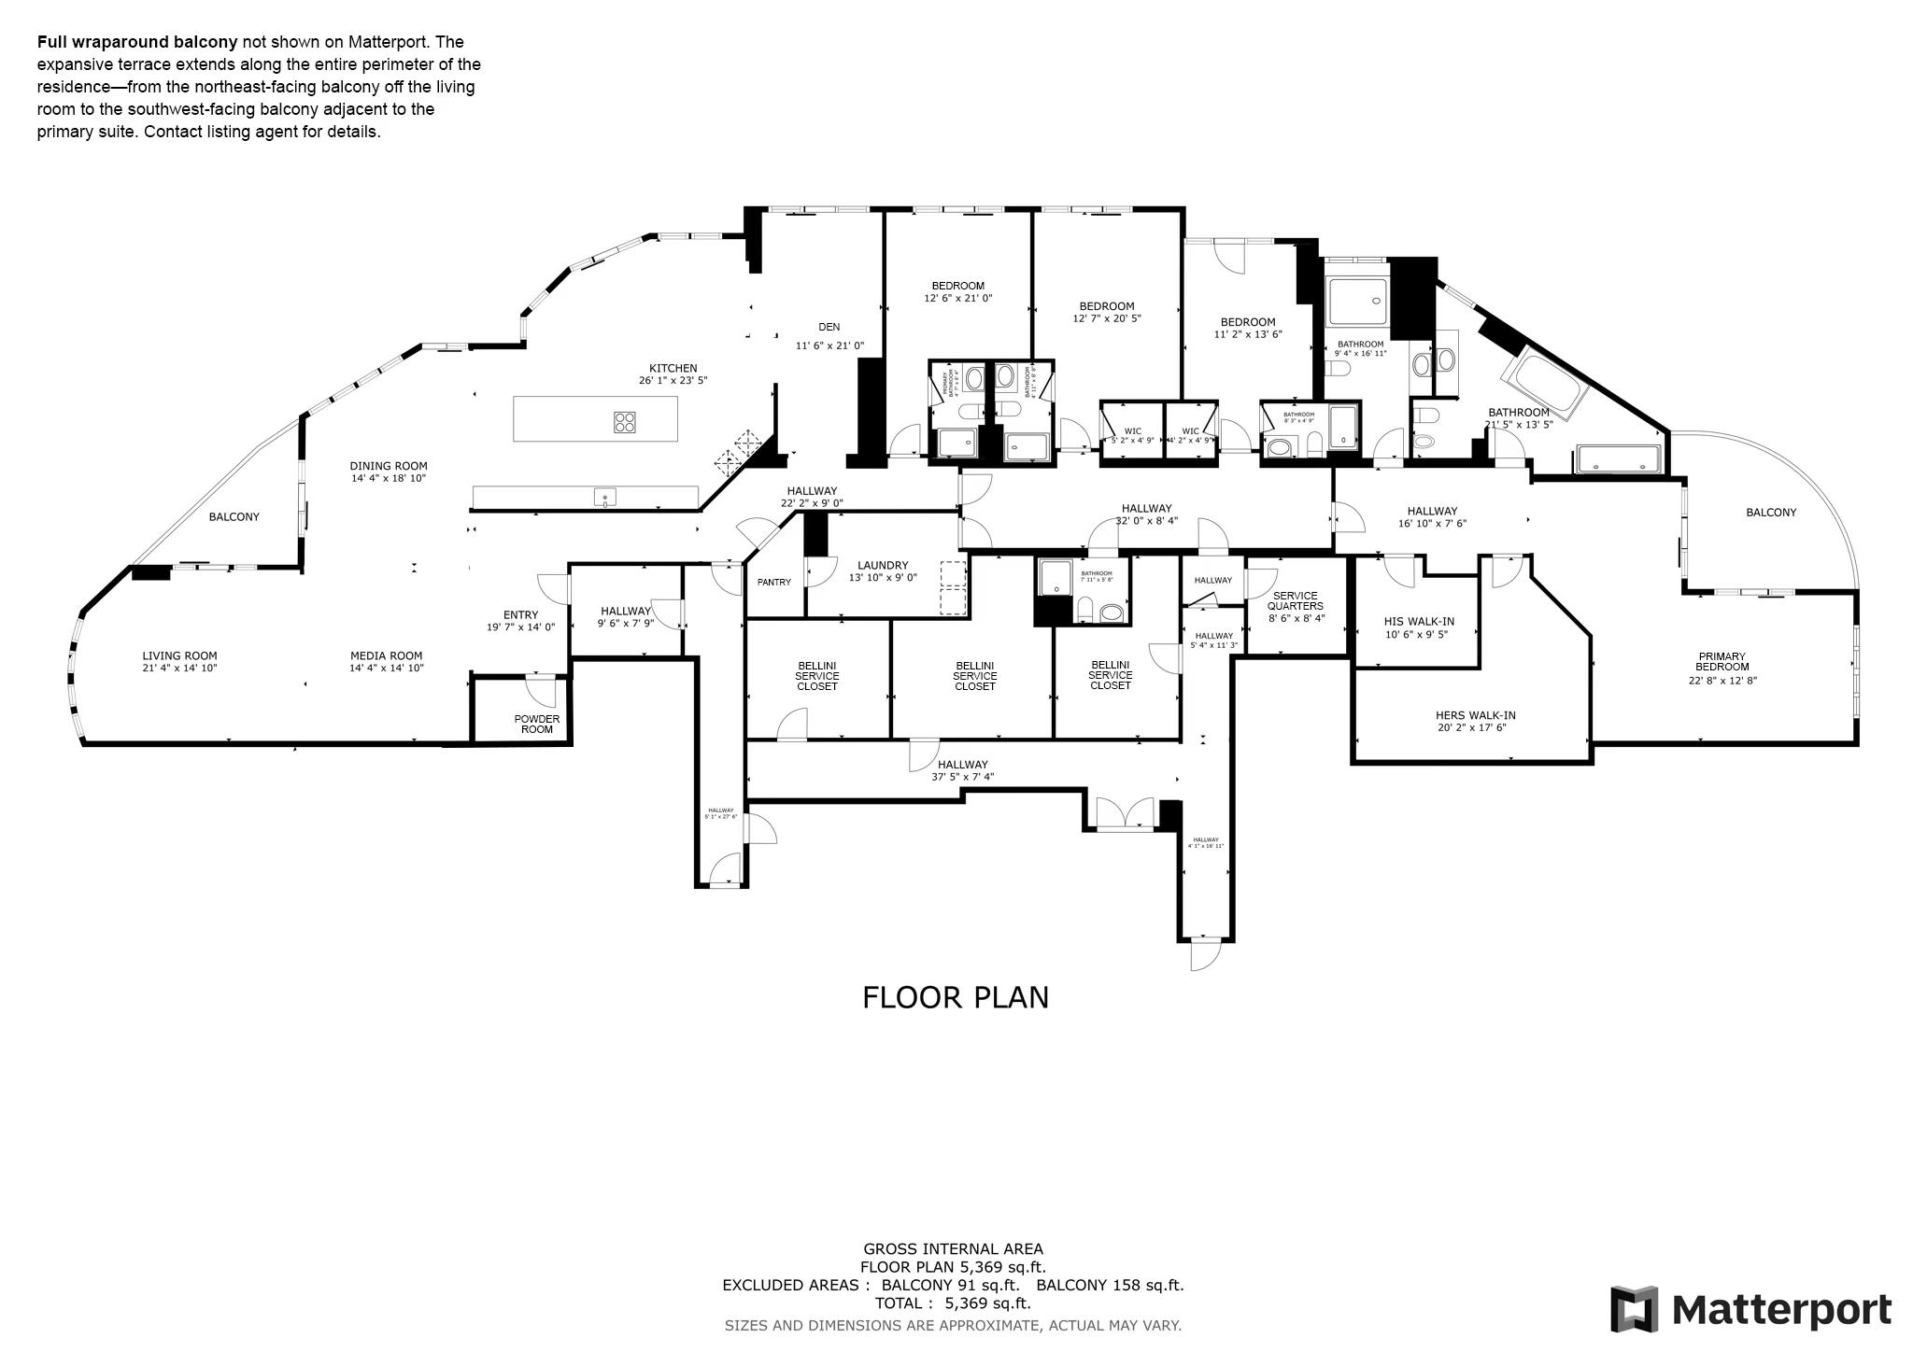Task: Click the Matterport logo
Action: (1750, 1309)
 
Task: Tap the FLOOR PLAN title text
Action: (955, 997)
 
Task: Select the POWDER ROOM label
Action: (536, 724)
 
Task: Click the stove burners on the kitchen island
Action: (625, 422)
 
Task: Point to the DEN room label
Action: (829, 327)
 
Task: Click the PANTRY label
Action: (773, 583)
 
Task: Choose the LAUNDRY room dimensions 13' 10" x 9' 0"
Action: (882, 578)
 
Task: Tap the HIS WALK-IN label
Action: (1418, 622)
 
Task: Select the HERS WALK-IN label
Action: (1475, 715)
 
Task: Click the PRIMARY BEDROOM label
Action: (1722, 661)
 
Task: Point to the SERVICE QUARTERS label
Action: (1295, 600)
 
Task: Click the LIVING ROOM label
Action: (179, 655)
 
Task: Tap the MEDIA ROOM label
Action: (386, 655)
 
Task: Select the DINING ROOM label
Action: (389, 466)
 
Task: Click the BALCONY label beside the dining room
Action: (234, 516)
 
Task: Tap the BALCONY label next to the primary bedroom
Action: (1770, 512)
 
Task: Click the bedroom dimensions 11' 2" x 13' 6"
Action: (1247, 334)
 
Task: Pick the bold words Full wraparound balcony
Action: (137, 42)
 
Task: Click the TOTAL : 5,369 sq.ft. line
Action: (952, 1303)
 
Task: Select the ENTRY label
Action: (520, 614)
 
